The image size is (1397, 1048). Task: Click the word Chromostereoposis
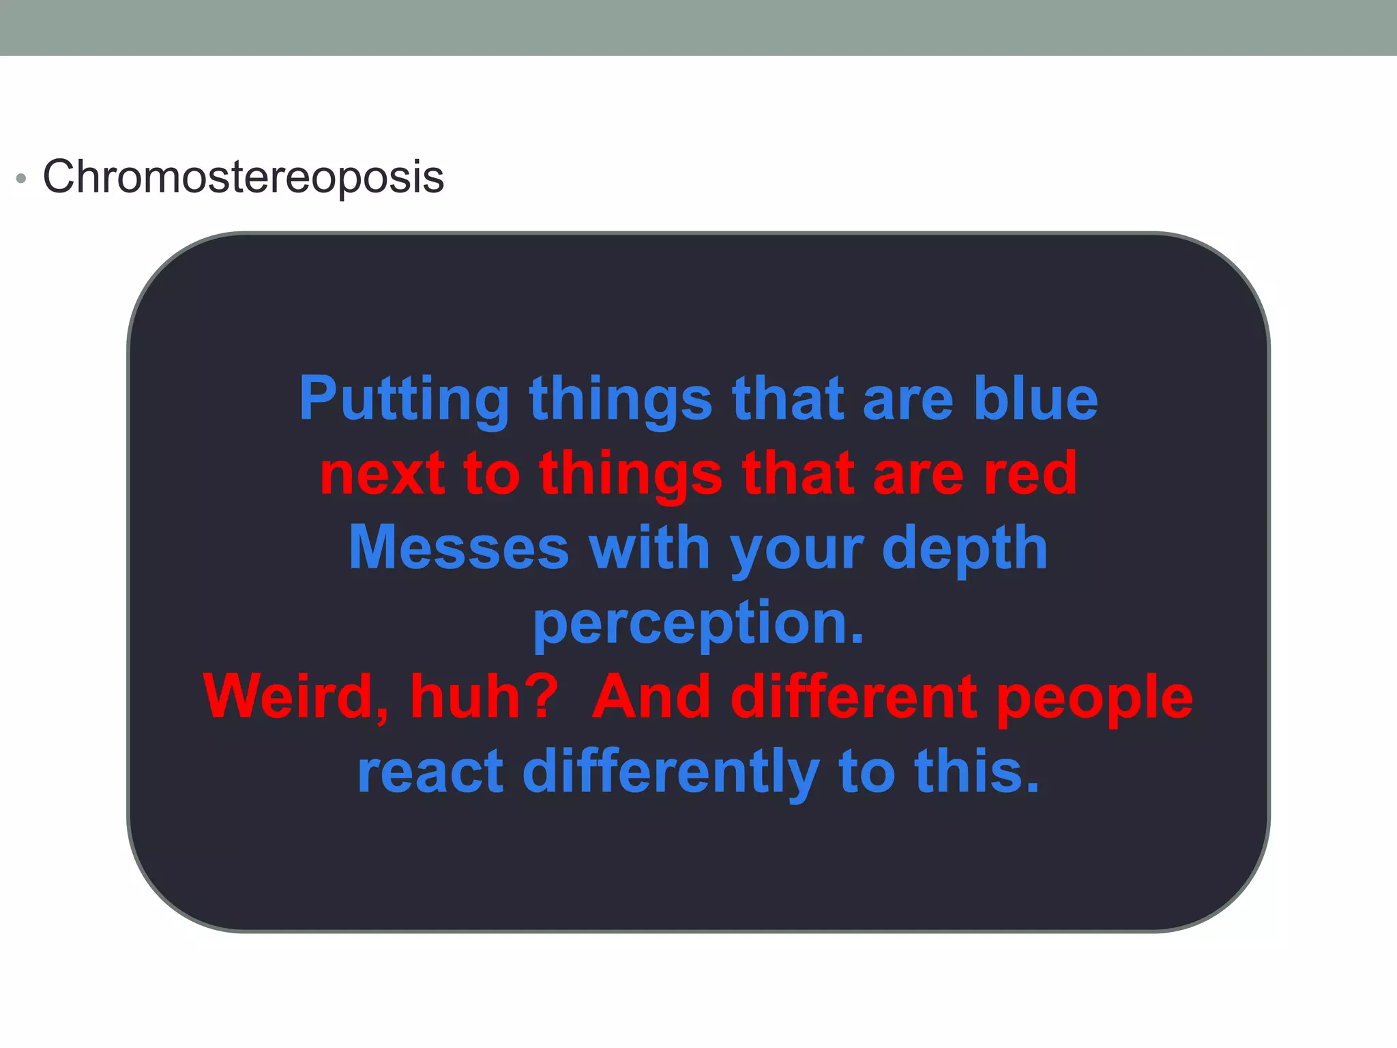[x=244, y=177]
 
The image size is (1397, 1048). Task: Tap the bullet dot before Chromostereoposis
[x=22, y=179]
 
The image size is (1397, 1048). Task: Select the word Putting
[x=404, y=400]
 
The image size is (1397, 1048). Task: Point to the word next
[x=382, y=474]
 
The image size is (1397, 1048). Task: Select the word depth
[x=965, y=550]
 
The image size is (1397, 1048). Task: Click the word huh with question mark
[x=485, y=697]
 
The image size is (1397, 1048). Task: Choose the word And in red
[x=651, y=697]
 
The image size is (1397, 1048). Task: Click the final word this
[x=977, y=772]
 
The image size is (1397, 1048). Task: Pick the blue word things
[x=621, y=400]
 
